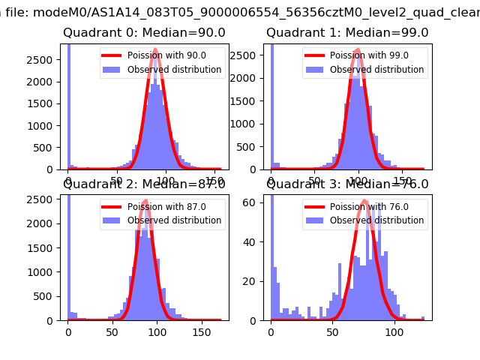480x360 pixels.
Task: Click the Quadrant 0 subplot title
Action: (144, 33)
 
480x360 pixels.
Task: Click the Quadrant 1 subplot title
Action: (347, 33)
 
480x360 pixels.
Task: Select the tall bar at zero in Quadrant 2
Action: (68, 255)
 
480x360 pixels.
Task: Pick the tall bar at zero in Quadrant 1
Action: (271, 105)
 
